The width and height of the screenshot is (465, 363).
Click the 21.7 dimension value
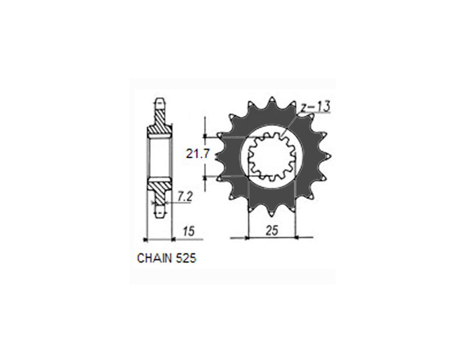click(198, 154)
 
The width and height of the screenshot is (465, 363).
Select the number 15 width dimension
click(188, 231)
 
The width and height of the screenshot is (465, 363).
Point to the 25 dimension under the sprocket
click(272, 230)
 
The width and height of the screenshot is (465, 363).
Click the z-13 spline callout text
click(315, 107)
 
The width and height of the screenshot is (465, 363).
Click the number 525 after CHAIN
click(185, 258)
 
